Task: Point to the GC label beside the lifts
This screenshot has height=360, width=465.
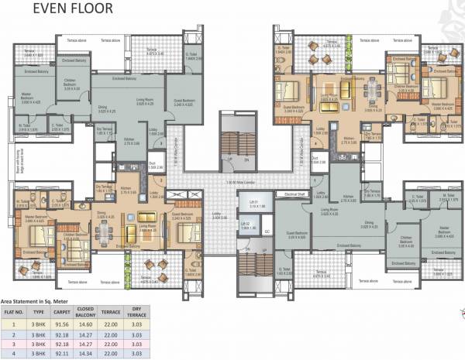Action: click(267, 231)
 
